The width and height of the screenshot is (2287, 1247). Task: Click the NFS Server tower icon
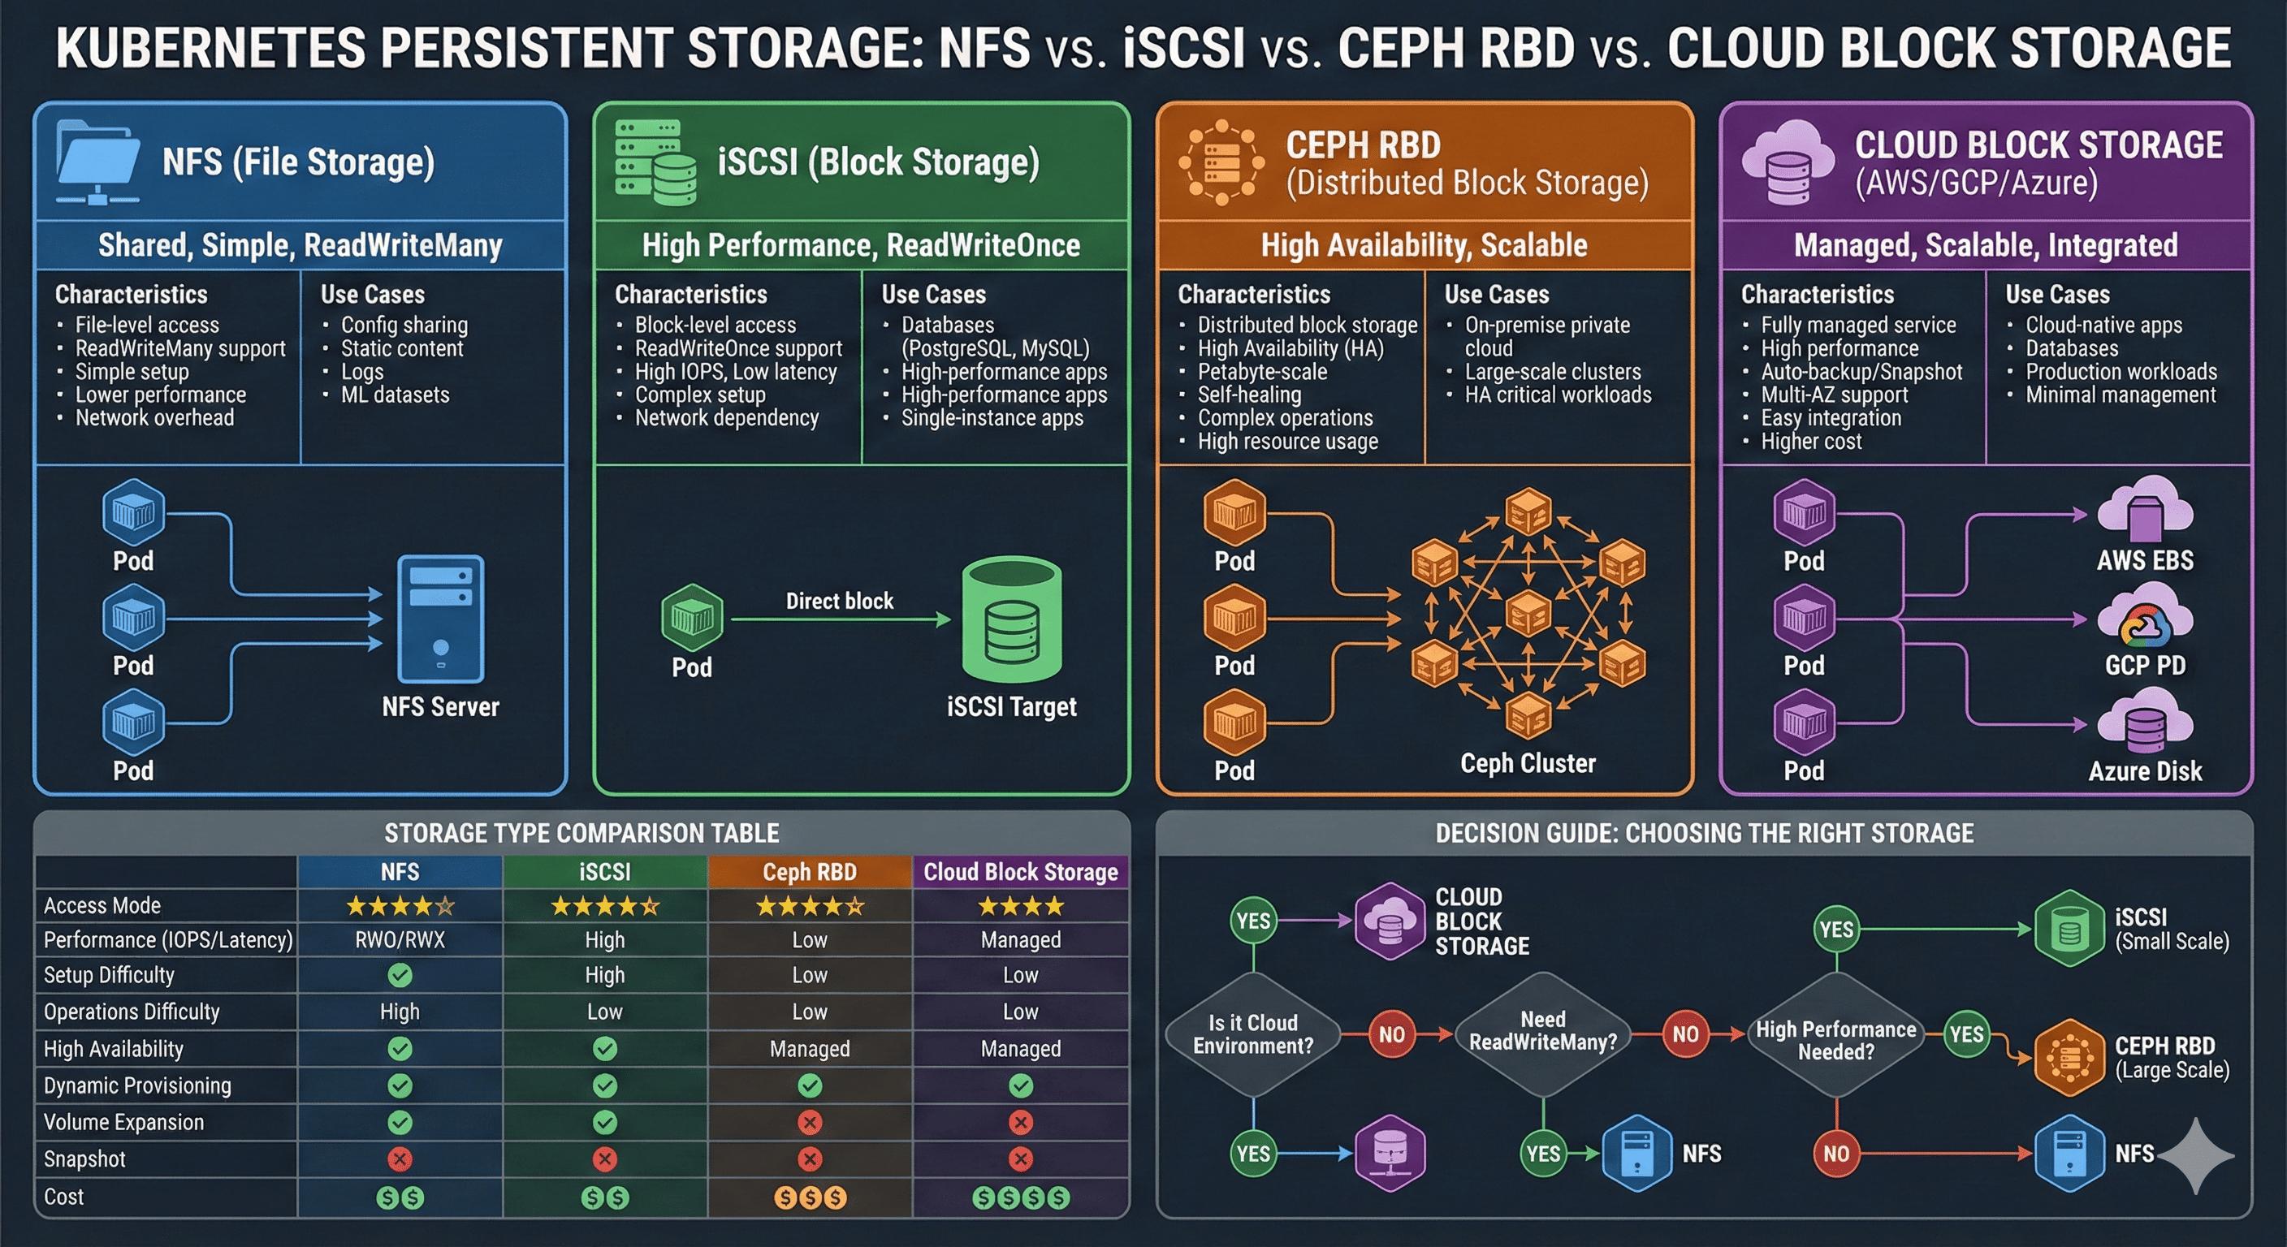pos(440,619)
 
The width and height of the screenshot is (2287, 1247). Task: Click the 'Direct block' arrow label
pos(839,601)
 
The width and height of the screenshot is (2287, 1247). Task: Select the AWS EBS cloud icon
pos(2144,508)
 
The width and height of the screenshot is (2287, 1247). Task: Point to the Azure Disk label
pos(2144,771)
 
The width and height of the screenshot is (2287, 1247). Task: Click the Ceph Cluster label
pos(1527,763)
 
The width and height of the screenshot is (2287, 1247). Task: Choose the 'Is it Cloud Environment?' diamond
pos(1252,1034)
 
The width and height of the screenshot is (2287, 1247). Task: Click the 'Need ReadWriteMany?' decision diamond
pos(1543,1030)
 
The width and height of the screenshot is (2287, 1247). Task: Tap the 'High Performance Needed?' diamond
pos(1835,1040)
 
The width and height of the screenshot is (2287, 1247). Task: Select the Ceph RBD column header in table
pos(809,872)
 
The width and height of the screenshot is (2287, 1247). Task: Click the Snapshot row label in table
pos(84,1159)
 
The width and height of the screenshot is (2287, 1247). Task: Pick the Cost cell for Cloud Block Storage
pos(1020,1198)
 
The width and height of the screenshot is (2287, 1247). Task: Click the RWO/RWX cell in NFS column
pos(400,940)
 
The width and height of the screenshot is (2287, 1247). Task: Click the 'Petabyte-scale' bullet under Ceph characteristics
pos(1261,372)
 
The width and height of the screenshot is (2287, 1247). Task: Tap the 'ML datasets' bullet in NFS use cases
pos(395,395)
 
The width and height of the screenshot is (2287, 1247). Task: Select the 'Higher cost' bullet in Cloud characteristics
pos(1810,441)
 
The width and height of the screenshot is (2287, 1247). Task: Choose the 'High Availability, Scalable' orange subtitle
pos(1423,245)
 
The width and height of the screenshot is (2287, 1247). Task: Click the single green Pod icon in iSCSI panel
pos(692,617)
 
